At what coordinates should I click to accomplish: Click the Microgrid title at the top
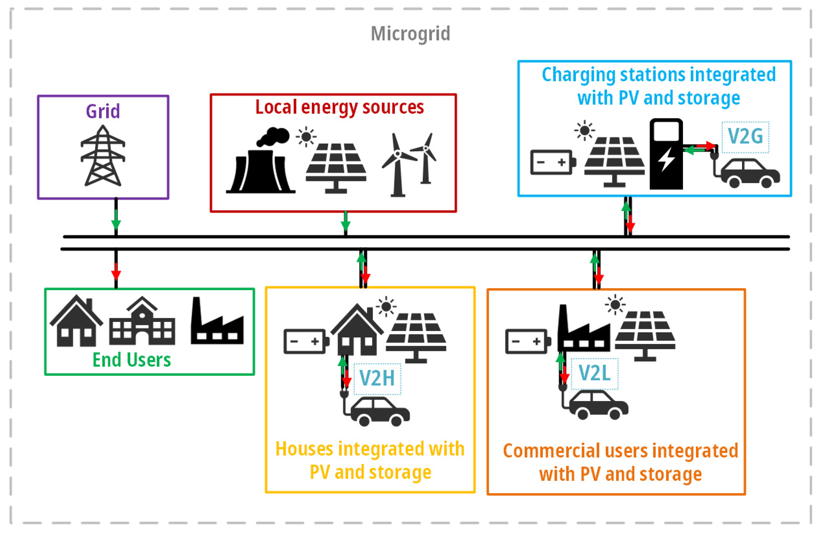click(x=410, y=34)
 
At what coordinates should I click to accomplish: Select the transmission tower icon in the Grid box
click(x=103, y=156)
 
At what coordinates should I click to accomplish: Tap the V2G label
click(x=745, y=137)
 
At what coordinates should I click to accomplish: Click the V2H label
click(x=377, y=378)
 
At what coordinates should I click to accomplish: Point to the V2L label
click(x=594, y=373)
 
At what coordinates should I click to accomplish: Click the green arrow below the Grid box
click(x=116, y=220)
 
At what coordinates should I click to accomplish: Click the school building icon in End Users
click(x=142, y=322)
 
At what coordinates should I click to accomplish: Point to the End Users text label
click(x=132, y=360)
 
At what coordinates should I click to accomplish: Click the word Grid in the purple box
click(x=103, y=111)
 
